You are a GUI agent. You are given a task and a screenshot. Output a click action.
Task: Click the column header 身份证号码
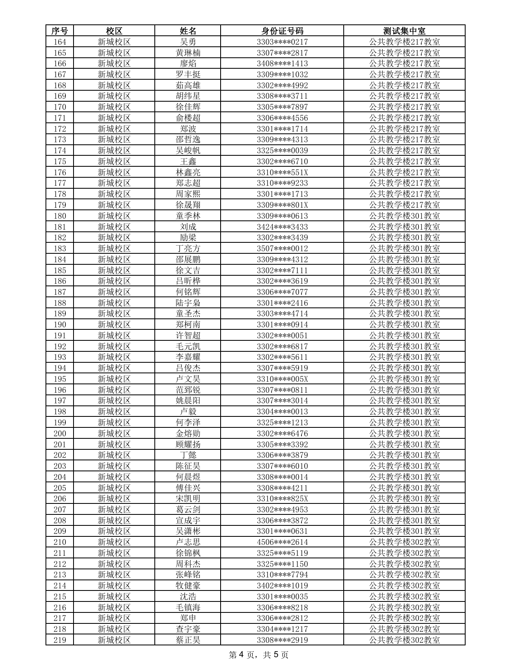(x=282, y=31)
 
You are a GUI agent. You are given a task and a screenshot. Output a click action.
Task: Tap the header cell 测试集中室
(x=404, y=31)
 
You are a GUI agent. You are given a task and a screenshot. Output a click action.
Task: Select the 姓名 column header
(x=188, y=31)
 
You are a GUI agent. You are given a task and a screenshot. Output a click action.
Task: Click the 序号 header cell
(x=60, y=31)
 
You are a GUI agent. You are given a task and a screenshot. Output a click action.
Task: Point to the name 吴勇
(x=188, y=42)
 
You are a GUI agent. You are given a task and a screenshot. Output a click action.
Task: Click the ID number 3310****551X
(x=282, y=172)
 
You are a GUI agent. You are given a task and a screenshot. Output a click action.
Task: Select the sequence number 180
(x=60, y=216)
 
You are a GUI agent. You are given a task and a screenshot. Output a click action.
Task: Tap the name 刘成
(x=188, y=227)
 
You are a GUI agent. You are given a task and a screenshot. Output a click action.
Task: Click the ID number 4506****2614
(x=282, y=542)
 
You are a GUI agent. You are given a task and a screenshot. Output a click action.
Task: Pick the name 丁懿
(x=188, y=455)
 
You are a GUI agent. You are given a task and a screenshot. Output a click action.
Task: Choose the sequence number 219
(x=60, y=640)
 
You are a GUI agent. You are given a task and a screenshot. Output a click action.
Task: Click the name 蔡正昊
(x=188, y=640)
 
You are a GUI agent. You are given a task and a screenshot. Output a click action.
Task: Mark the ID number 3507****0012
(x=282, y=248)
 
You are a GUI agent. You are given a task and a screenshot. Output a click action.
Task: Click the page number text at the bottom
(x=259, y=655)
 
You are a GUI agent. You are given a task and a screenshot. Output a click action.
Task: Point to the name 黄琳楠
(x=188, y=53)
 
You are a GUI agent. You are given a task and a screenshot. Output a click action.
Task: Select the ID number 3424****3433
(x=282, y=227)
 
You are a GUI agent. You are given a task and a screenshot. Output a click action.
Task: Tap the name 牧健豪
(x=188, y=586)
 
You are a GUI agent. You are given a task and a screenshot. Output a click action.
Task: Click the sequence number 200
(x=60, y=434)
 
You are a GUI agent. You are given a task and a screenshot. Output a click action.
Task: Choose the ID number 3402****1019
(x=282, y=586)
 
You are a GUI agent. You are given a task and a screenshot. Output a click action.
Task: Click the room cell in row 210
(x=404, y=542)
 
